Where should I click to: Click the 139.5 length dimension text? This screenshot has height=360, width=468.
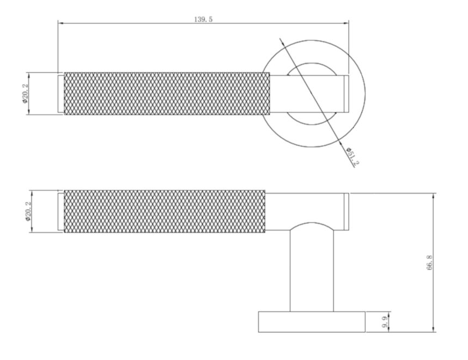pos(203,20)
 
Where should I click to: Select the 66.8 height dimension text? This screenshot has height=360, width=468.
pos(430,263)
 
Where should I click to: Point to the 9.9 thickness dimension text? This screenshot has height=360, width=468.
pos(385,323)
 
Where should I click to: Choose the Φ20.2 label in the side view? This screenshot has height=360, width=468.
pos(28,211)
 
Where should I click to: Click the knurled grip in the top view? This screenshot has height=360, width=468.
pos(167,93)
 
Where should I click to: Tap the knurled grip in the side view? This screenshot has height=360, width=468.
pos(165,211)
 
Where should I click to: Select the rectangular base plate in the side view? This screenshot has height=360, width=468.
pos(312,322)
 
